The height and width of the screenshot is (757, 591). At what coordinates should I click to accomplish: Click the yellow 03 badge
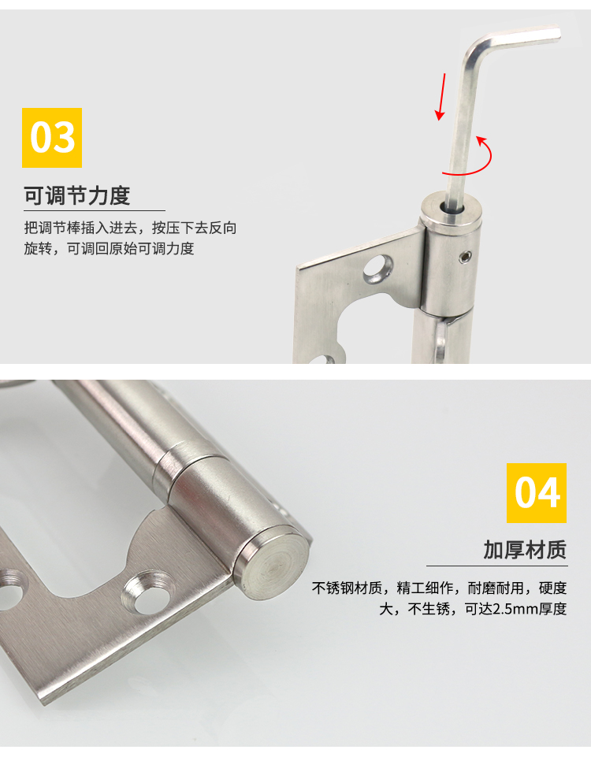(x=52, y=138)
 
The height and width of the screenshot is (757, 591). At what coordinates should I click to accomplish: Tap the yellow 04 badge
(x=537, y=492)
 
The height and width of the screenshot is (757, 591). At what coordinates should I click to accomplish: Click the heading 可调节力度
(x=77, y=195)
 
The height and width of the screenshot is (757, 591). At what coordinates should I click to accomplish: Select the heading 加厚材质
(x=525, y=550)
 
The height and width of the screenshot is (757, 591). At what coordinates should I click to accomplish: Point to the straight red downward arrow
(x=441, y=97)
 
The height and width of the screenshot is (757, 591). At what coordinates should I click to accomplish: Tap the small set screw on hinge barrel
(x=466, y=258)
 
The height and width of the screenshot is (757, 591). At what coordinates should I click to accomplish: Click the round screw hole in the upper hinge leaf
(x=378, y=268)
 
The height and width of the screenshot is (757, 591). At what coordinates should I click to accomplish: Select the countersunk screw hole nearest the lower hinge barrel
(x=149, y=592)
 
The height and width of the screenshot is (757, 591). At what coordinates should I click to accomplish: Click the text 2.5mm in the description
(x=500, y=609)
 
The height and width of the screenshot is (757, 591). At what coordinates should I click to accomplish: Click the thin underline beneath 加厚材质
(x=497, y=566)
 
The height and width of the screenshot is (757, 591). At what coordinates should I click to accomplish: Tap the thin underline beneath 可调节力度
(x=95, y=210)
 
